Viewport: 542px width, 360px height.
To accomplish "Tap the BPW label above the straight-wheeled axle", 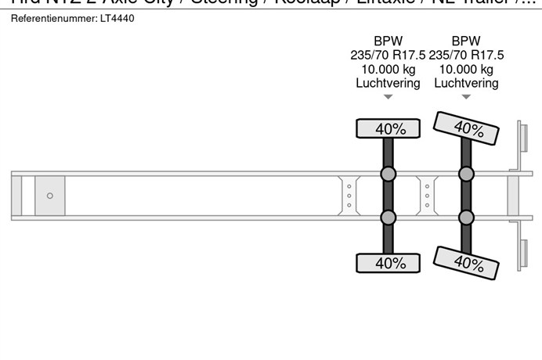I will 388,41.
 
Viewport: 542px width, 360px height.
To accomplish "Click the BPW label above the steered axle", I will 466,41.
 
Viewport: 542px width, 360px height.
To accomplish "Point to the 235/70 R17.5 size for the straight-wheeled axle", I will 388,55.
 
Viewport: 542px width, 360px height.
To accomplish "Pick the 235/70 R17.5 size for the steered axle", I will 466,55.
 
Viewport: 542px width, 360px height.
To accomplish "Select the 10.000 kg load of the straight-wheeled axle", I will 388,69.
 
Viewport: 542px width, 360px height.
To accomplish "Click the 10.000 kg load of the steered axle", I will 466,69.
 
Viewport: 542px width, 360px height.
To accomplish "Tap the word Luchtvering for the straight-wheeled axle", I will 388,83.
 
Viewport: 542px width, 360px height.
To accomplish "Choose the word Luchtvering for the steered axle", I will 466,83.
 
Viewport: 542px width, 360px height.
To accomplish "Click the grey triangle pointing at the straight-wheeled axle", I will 388,98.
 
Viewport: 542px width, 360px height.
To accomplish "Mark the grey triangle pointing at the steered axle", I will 466,98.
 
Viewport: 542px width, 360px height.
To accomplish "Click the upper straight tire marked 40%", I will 388,128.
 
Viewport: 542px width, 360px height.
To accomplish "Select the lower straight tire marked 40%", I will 388,264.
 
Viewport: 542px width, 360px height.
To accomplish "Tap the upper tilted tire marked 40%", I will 468,128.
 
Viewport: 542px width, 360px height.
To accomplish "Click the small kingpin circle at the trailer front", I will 50,196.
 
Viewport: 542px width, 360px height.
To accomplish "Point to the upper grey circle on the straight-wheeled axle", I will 388,174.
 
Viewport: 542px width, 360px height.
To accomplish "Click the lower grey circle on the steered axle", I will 466,218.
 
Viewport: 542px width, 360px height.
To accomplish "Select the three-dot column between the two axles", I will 428,196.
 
